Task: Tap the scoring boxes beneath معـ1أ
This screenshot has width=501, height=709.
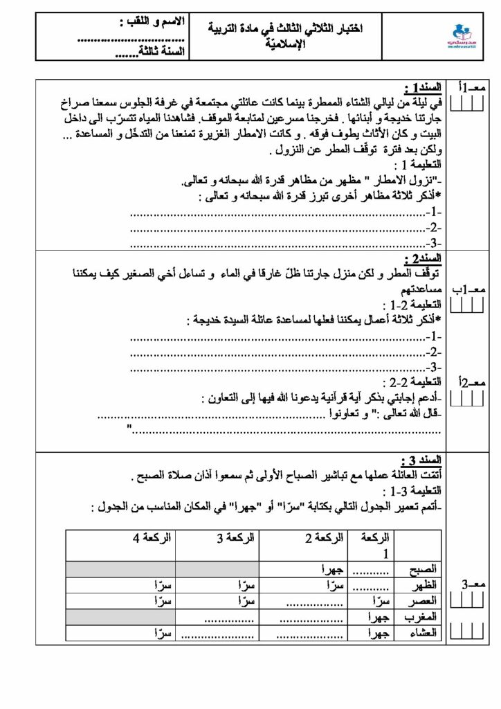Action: (467, 104)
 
